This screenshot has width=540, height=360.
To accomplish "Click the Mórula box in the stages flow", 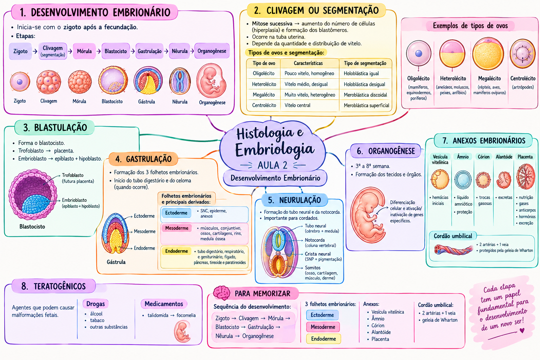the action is [84, 51].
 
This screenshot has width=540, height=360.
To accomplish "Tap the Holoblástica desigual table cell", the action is [364, 84].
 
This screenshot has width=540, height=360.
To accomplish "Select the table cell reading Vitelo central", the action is [297, 105].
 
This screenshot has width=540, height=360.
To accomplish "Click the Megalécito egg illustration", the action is [488, 54].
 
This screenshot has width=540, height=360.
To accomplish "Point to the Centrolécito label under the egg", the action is [523, 78].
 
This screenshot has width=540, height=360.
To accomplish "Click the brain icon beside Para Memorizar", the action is [221, 293].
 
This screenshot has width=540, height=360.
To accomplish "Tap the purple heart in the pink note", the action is [522, 330].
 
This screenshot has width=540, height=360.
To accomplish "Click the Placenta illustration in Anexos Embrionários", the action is [526, 176].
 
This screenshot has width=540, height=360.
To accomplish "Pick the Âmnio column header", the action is [463, 157].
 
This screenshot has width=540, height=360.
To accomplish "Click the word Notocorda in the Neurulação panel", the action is [315, 240].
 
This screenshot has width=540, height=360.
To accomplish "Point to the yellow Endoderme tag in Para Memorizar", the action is [323, 339].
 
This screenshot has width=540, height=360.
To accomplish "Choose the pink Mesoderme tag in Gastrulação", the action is [177, 228].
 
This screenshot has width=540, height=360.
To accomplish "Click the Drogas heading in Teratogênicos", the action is [96, 304].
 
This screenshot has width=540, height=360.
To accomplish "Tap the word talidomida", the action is [158, 315].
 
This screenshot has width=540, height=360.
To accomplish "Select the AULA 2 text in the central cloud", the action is [272, 165].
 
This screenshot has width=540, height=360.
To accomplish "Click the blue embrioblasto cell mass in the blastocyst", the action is [36, 204].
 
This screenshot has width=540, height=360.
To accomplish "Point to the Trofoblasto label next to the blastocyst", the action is [72, 175].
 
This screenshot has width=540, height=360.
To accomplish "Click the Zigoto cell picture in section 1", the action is [20, 82].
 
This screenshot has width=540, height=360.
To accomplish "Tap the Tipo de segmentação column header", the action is [365, 63].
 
